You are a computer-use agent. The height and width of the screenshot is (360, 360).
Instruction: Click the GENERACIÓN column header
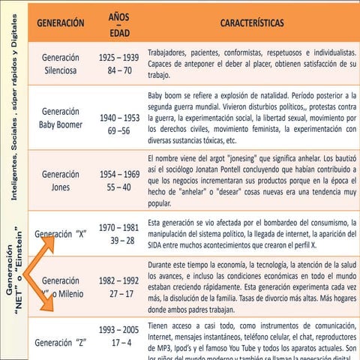click(57, 23)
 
